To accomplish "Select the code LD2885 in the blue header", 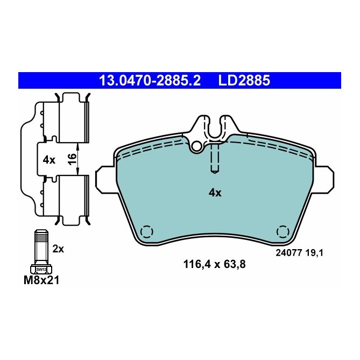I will (243, 81).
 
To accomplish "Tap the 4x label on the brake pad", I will (215, 193).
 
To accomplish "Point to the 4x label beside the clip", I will (49, 160).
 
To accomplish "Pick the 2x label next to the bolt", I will (59, 249).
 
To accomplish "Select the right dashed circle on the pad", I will (281, 231).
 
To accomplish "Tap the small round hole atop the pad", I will (198, 144).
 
